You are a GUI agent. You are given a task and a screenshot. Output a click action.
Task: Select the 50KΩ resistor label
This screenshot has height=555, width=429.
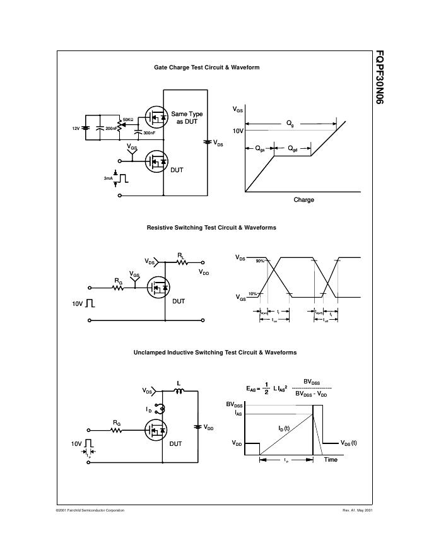coord(128,119)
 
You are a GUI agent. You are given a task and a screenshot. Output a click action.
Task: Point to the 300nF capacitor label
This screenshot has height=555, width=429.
coord(150,133)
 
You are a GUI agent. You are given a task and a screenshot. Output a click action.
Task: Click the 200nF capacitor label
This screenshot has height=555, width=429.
coord(112,128)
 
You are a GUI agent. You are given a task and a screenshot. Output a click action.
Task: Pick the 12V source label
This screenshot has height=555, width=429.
coord(76,128)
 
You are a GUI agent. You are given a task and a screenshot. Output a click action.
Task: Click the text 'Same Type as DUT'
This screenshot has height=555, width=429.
coord(187,118)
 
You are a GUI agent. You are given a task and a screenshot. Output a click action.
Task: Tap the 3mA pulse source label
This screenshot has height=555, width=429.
coord(108,178)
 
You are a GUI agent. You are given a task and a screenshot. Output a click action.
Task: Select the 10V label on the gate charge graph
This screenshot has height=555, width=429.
coord(238,131)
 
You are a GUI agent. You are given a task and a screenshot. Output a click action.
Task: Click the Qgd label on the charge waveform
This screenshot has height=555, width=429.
coord(293,149)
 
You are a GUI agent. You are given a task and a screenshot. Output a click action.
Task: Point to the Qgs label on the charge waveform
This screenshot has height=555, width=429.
coord(260,149)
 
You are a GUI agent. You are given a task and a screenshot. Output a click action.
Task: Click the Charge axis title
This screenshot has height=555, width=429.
coord(303,200)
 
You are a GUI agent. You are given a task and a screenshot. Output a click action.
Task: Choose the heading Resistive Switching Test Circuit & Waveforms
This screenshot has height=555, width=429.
coord(211,228)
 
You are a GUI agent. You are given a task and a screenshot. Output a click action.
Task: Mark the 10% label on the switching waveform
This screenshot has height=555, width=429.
coord(252,294)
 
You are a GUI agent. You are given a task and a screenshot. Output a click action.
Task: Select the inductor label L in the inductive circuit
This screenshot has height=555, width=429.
coord(178,382)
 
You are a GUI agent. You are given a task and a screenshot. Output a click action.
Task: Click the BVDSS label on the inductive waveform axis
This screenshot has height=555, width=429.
coord(235,404)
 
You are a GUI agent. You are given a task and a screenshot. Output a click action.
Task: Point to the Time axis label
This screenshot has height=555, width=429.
coord(331,460)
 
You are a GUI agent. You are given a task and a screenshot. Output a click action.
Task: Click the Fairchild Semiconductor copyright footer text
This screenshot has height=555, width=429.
coord(90,510)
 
